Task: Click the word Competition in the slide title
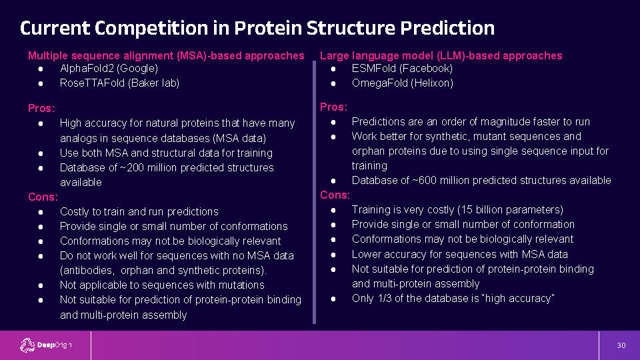[151, 28]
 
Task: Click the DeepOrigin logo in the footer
[46, 345]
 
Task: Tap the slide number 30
[621, 345]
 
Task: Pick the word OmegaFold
[379, 83]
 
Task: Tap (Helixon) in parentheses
[432, 83]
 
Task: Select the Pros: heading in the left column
[41, 108]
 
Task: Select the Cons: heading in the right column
[335, 195]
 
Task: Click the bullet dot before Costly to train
[41, 212]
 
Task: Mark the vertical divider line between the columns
[314, 192]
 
